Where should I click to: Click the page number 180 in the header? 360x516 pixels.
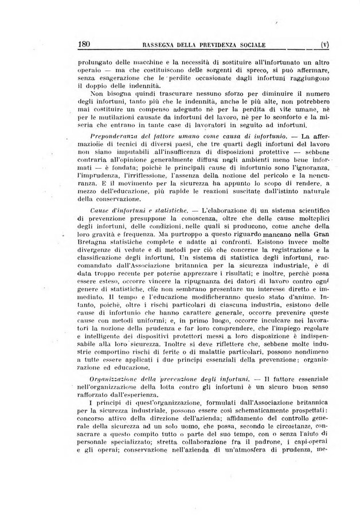point(85,43)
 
